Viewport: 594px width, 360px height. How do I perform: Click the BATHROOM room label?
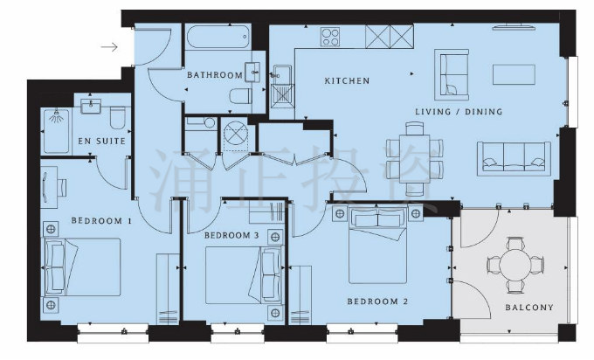[215, 74]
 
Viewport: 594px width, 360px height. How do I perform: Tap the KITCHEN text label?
[347, 80]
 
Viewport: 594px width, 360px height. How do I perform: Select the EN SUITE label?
[101, 141]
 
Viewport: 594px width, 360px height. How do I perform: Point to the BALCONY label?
[529, 308]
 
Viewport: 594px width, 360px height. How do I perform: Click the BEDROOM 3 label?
[231, 235]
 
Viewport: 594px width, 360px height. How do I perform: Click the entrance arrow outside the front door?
[109, 47]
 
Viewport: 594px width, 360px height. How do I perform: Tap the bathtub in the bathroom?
[218, 37]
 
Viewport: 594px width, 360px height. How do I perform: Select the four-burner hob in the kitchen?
[330, 37]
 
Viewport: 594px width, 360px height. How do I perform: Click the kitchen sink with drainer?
[283, 87]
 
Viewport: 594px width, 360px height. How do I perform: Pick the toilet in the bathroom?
[241, 96]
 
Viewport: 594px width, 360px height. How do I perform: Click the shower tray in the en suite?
[57, 131]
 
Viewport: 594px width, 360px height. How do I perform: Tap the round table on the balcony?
[515, 265]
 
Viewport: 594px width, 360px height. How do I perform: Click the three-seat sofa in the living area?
[514, 159]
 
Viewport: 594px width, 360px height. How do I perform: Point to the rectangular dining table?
[415, 158]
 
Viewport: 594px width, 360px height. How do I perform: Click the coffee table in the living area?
[514, 74]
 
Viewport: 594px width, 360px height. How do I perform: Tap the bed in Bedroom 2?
[377, 246]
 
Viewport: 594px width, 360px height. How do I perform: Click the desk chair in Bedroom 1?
[63, 188]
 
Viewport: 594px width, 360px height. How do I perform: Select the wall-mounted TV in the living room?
[514, 26]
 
